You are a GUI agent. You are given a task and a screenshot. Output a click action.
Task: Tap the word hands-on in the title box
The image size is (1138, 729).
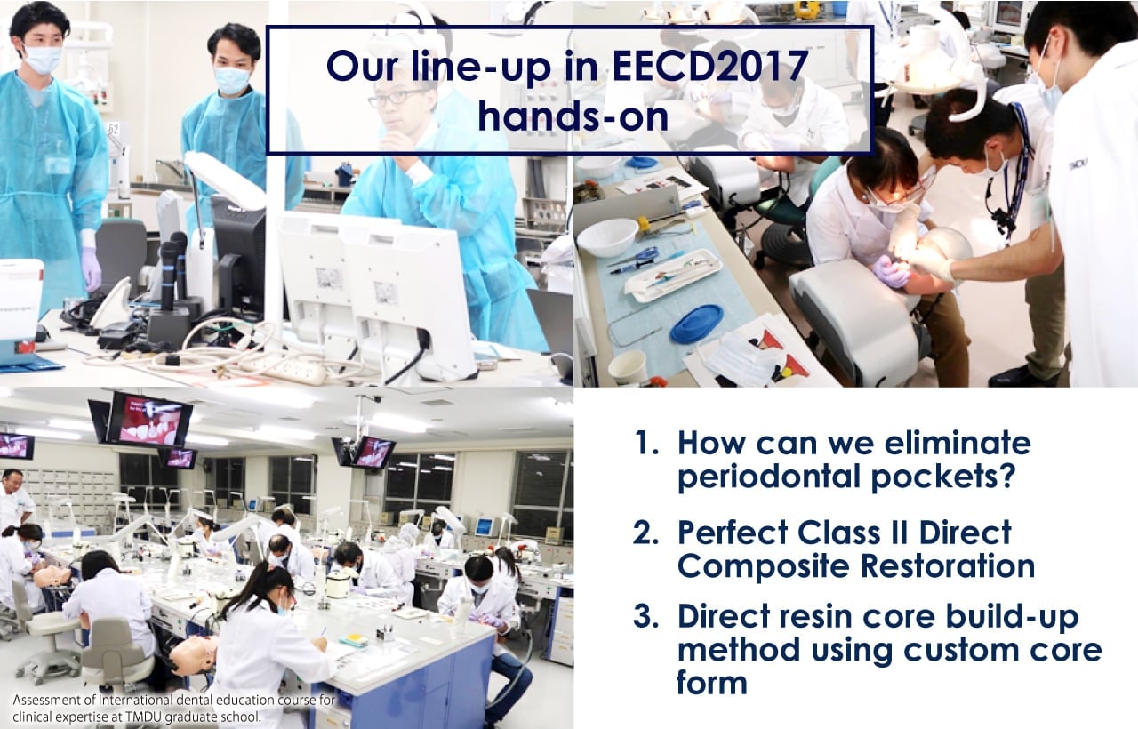click(x=573, y=116)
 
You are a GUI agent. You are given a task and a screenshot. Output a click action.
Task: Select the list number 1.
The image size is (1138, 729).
click(x=646, y=443)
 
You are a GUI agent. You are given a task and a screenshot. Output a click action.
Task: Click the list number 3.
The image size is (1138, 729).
click(x=646, y=616)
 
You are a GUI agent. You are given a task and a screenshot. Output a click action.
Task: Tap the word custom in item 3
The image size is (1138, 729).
click(x=959, y=651)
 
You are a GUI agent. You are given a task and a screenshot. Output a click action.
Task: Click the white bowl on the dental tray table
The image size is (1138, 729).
click(x=607, y=236)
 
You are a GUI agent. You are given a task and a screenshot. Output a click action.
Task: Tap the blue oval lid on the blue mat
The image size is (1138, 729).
click(x=696, y=323)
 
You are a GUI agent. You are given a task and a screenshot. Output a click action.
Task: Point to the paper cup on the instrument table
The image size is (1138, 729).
click(x=627, y=366)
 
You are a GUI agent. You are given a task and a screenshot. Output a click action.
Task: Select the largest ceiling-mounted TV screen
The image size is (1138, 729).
click(x=150, y=420)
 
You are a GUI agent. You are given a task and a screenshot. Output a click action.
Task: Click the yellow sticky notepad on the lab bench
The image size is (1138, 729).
click(x=353, y=639)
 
